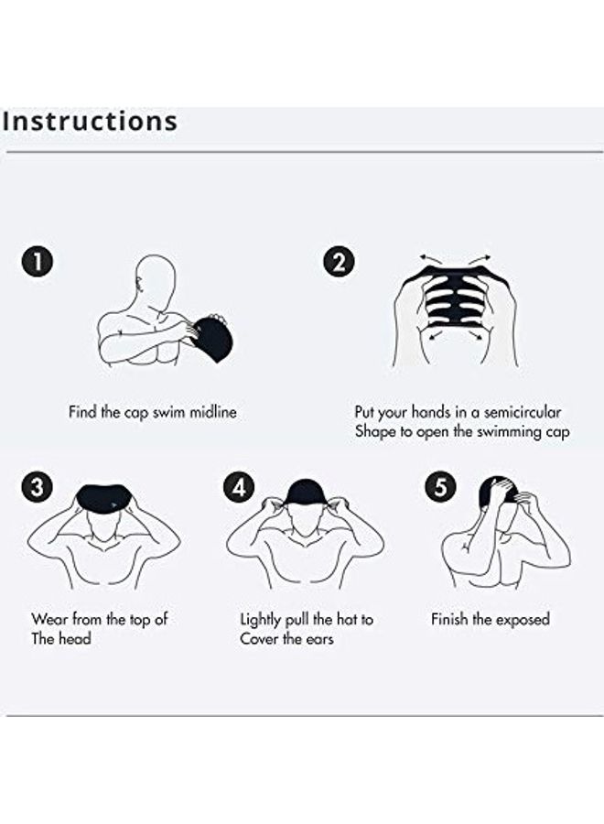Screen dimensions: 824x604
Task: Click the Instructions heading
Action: point(90,121)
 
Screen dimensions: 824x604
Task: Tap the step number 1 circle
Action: point(36,262)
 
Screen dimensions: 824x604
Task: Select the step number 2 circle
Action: point(338,262)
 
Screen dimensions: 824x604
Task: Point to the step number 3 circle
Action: point(36,487)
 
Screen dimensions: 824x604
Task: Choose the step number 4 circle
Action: point(238,487)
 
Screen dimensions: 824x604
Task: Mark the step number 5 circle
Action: point(440,487)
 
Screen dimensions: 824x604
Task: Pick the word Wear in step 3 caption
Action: point(49,620)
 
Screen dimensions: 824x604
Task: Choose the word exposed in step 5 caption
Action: point(522,620)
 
